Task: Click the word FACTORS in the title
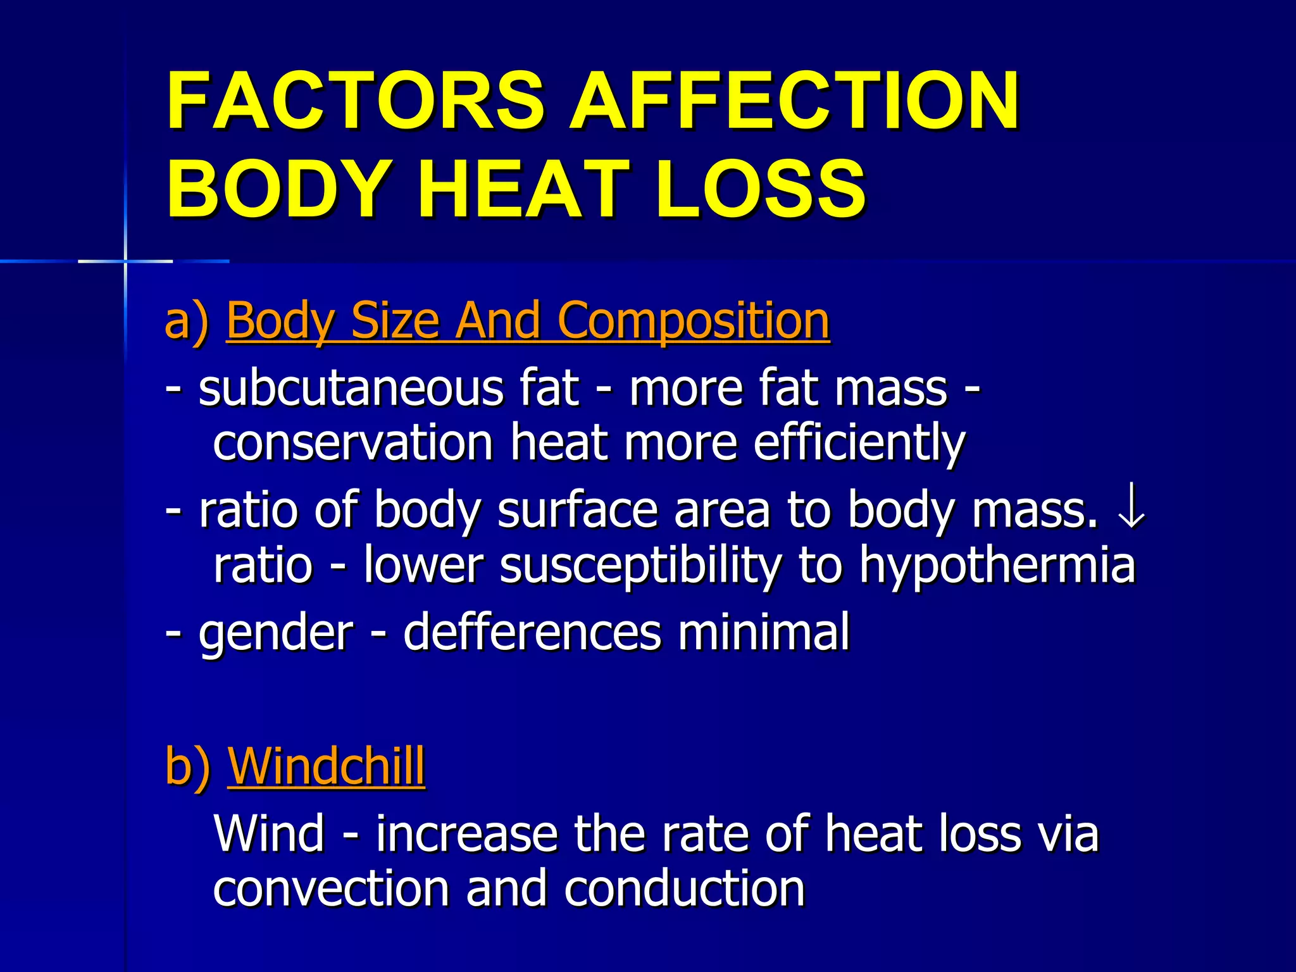click(x=355, y=101)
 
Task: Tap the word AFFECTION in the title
click(x=794, y=101)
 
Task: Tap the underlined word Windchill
click(x=326, y=766)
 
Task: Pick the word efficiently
click(x=859, y=444)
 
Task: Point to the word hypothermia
click(x=997, y=565)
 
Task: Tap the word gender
click(x=275, y=633)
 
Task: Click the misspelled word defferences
click(x=532, y=633)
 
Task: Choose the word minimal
click(x=764, y=633)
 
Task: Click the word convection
click(x=331, y=889)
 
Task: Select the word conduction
click(x=684, y=889)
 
